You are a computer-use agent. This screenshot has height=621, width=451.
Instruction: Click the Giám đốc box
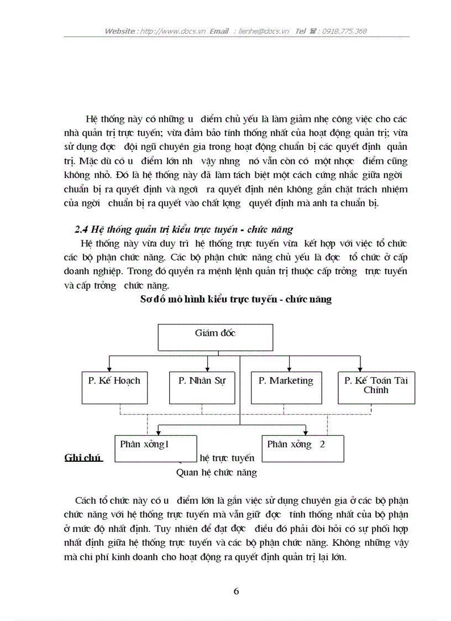point(216,337)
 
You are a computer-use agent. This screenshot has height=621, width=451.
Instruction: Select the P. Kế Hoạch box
point(114,387)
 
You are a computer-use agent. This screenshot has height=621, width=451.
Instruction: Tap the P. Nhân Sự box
point(202,387)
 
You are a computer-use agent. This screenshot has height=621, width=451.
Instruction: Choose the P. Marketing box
point(286,387)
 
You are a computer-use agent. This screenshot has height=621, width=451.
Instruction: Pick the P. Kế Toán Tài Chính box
point(376,387)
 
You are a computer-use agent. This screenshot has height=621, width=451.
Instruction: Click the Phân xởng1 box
point(156,448)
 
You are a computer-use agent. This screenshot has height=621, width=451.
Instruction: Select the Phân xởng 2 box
point(303,448)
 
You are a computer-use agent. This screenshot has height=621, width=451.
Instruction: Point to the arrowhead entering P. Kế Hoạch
point(111,368)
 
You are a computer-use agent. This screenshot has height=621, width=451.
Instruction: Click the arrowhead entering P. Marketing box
point(289,368)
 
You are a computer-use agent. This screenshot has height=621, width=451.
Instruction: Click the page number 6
point(237,591)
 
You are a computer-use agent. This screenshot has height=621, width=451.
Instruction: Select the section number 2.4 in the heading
point(81,229)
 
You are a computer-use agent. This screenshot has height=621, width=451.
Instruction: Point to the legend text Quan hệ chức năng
point(216,473)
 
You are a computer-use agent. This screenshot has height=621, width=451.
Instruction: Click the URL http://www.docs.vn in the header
point(172,31)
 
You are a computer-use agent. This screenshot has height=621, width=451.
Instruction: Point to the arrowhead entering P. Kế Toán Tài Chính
point(360,368)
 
